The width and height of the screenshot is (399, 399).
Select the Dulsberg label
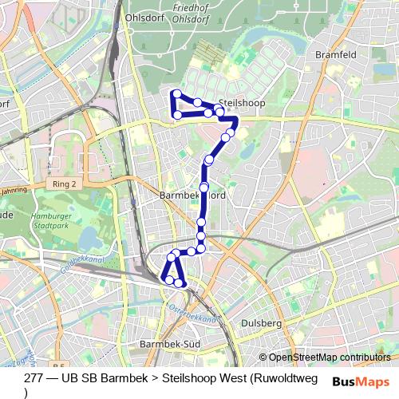(261, 323)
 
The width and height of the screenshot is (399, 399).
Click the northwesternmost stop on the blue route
(176, 94)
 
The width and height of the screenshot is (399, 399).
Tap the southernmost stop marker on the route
(182, 283)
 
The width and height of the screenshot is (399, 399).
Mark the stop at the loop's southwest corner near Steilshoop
(177, 115)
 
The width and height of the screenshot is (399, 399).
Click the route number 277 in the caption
(34, 378)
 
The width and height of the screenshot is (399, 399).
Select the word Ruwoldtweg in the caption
(283, 378)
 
